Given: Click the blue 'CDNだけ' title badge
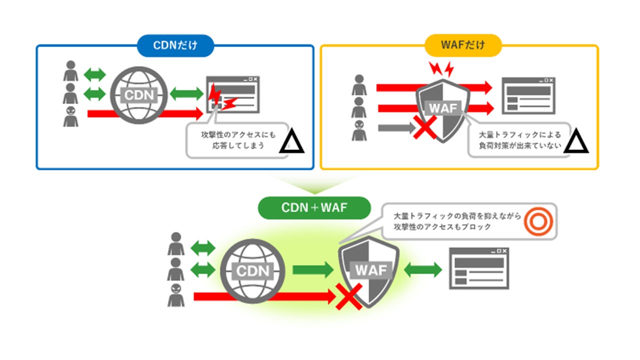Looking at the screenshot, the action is pyautogui.click(x=175, y=45).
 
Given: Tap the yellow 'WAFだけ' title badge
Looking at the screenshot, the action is pyautogui.click(x=463, y=45).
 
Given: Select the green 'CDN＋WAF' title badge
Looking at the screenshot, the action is pyautogui.click(x=314, y=208).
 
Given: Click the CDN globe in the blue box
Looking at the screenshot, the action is pyautogui.click(x=139, y=95).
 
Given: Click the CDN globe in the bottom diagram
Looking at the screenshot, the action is pyautogui.click(x=252, y=271).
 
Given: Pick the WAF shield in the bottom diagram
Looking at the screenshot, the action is pyautogui.click(x=369, y=271).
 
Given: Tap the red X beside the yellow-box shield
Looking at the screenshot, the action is pyautogui.click(x=425, y=127).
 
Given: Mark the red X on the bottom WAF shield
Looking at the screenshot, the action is pyautogui.click(x=349, y=297).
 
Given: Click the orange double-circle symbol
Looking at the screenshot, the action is pyautogui.click(x=538, y=221).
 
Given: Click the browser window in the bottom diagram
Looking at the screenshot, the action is pyautogui.click(x=479, y=268).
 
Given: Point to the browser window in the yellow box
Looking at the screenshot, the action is pyautogui.click(x=528, y=95).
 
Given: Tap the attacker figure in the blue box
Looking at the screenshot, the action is pyautogui.click(x=70, y=116).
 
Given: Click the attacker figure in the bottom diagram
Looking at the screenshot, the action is pyautogui.click(x=175, y=295).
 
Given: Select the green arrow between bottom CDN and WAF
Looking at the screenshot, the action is pyautogui.click(x=313, y=269).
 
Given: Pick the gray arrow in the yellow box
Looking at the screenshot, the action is pyautogui.click(x=397, y=127).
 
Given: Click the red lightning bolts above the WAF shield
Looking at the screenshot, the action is pyautogui.click(x=441, y=69).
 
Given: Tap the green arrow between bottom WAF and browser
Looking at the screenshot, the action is pyautogui.click(x=423, y=269).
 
